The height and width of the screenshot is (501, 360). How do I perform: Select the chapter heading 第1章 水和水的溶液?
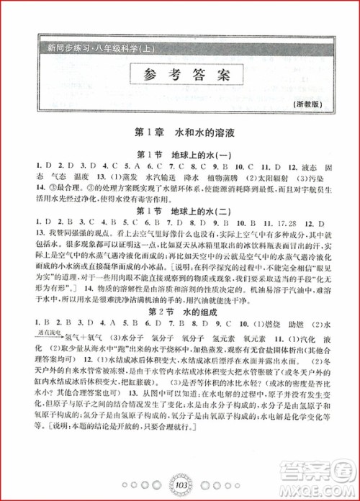179,134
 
